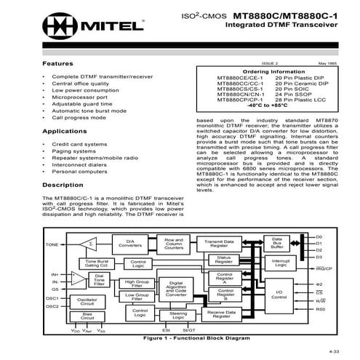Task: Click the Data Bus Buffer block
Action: click(276, 244)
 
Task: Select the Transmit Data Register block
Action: click(219, 244)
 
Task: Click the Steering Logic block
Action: click(177, 314)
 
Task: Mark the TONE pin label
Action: click(52, 245)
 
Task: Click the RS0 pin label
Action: click(321, 309)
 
